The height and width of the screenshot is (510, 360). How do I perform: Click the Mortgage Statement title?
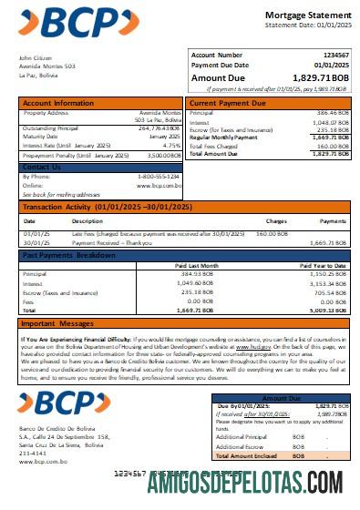305,15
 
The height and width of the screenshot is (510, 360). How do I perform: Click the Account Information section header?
57,102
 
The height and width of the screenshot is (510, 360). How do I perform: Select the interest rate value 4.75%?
170,145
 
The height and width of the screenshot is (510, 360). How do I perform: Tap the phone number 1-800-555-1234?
159,178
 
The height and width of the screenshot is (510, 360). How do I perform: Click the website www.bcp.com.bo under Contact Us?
161,186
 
